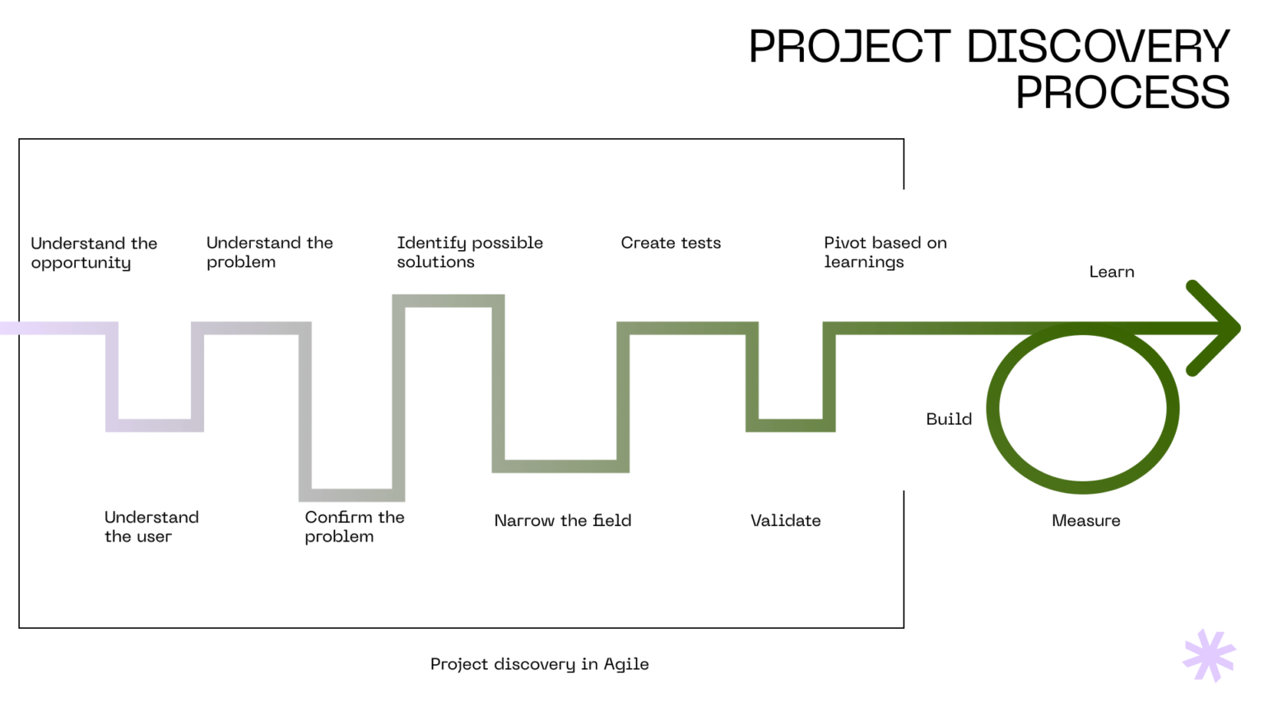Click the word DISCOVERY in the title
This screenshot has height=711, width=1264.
[x=1098, y=47]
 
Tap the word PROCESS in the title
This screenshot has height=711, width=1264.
[x=1122, y=93]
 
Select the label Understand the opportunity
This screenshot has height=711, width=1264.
[x=94, y=253]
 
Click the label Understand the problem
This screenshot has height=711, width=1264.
[x=269, y=252]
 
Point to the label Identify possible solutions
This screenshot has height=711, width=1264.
[x=470, y=252]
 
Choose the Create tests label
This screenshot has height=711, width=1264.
[x=671, y=243]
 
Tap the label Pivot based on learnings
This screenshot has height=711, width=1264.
[x=885, y=252]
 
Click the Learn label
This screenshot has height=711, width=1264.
[x=1111, y=272]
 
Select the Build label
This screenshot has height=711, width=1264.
[x=949, y=419]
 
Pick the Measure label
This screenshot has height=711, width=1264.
[x=1085, y=520]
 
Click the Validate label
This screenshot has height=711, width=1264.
[x=785, y=520]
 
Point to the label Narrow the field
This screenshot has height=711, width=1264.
[x=563, y=520]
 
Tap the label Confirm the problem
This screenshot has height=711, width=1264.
[x=354, y=527]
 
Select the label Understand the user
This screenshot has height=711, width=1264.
[x=151, y=527]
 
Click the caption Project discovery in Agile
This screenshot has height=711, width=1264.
[x=539, y=664]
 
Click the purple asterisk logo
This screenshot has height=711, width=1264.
[x=1209, y=655]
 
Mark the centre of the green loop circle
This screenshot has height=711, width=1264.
[x=1083, y=408]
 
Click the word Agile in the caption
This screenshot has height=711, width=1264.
[x=626, y=664]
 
